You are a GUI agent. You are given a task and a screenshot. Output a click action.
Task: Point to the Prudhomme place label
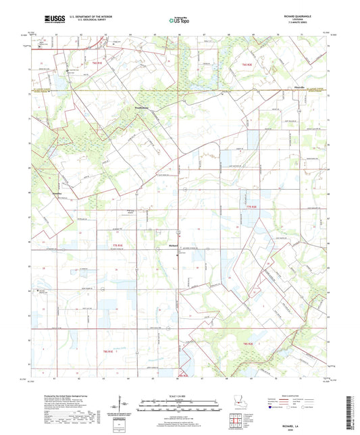(144, 107)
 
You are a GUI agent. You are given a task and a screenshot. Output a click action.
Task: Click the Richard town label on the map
(173, 246)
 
